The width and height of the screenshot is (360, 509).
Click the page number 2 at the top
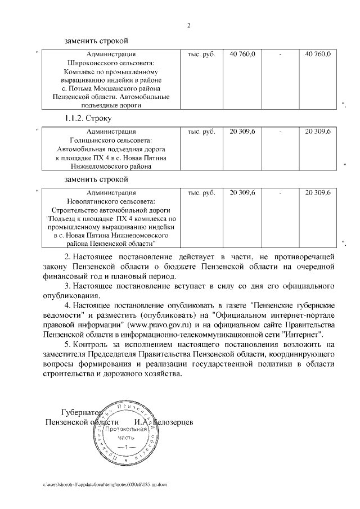[x=188, y=25]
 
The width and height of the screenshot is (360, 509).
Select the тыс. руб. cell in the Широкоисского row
[x=201, y=54]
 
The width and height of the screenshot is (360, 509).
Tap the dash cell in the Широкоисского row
[x=280, y=54]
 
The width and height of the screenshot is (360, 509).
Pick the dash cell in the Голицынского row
[x=280, y=131]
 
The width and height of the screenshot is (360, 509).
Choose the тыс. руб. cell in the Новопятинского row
[x=201, y=192]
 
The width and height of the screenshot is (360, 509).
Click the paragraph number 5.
[x=67, y=344]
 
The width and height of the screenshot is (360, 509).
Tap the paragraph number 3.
[x=67, y=286]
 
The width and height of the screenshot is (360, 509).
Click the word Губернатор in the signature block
[x=80, y=412]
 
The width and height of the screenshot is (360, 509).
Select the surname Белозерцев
[x=169, y=422]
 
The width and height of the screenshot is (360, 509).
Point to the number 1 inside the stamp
[x=127, y=447]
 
